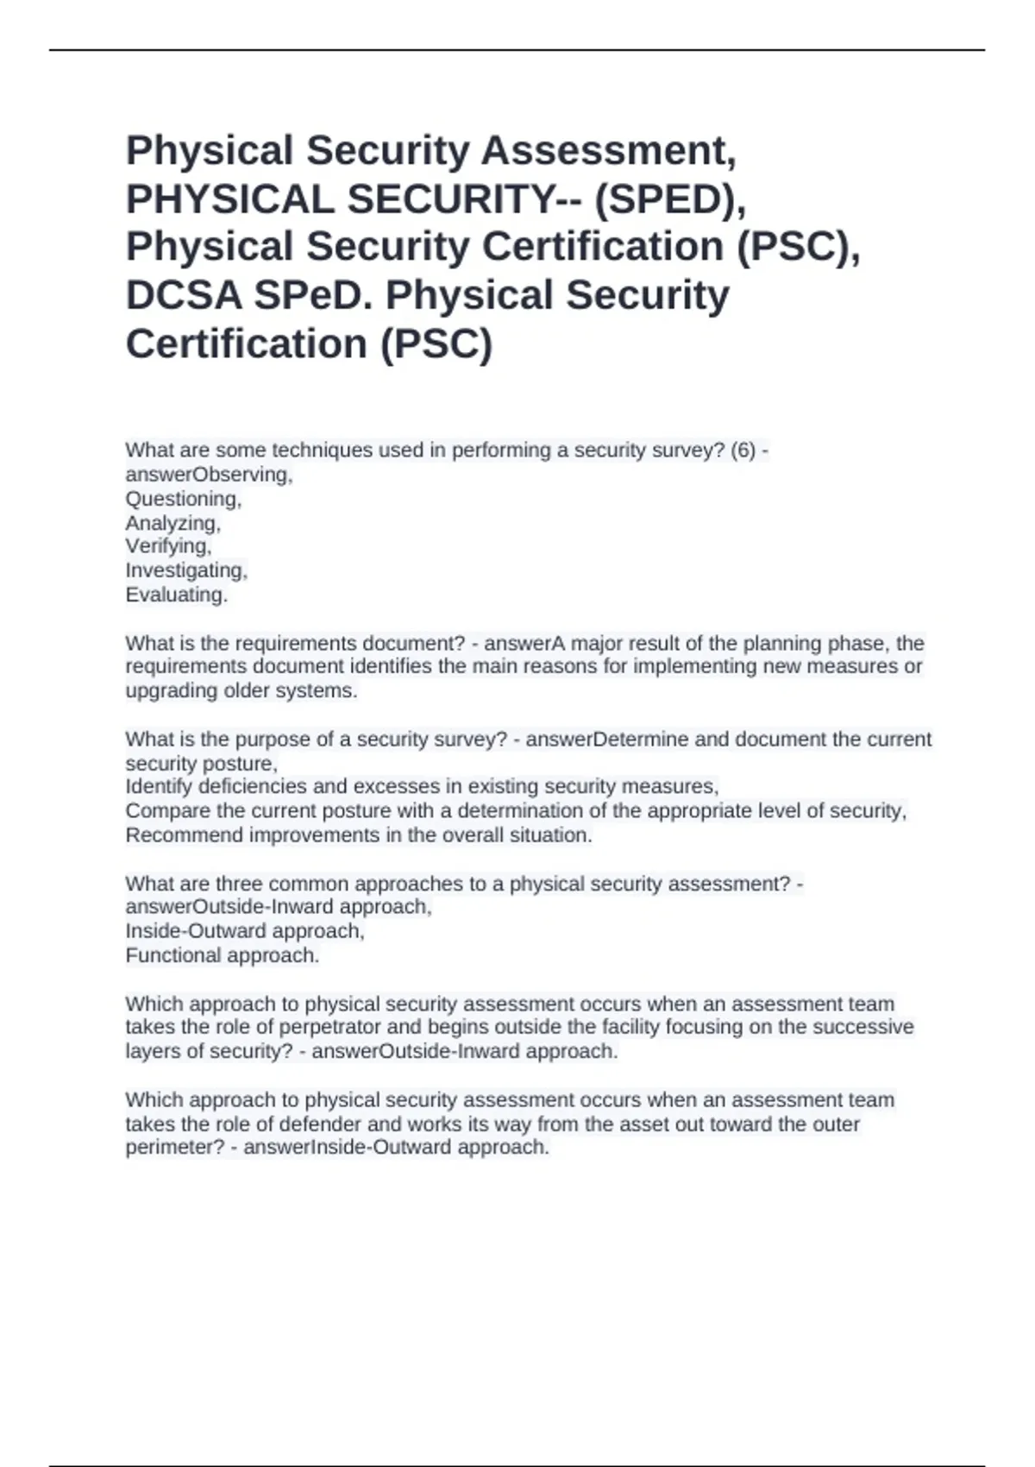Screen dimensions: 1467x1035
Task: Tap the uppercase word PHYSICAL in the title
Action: click(229, 198)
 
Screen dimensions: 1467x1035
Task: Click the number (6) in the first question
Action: click(743, 450)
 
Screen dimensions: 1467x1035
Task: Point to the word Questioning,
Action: click(184, 499)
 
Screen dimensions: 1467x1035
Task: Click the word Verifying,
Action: click(168, 546)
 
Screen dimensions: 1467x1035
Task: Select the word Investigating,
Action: click(186, 570)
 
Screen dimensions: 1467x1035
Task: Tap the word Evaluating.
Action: click(177, 595)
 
